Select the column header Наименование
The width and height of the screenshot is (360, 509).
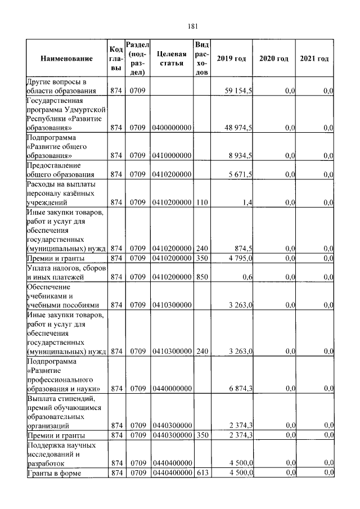click(x=66, y=59)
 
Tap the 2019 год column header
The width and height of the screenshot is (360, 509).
click(x=231, y=59)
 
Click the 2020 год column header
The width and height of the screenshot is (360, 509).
click(x=273, y=59)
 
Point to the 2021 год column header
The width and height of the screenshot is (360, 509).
click(x=314, y=59)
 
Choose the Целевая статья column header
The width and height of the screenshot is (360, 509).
click(x=172, y=59)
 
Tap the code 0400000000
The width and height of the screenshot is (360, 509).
click(x=172, y=128)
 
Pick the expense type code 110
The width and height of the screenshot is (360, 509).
click(x=202, y=202)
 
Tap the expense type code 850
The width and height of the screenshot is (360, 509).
click(x=202, y=277)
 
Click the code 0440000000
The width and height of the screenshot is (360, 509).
click(x=172, y=389)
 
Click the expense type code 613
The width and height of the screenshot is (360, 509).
click(x=202, y=472)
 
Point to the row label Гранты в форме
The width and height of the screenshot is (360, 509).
click(x=55, y=472)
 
